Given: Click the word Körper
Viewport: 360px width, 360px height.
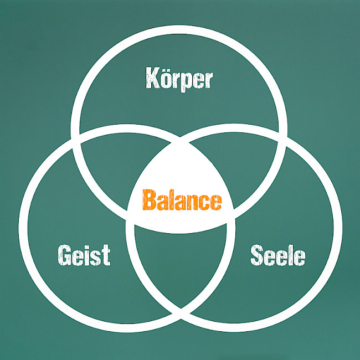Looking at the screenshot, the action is (x=179, y=79).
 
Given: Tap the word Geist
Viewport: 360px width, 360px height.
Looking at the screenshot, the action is (x=84, y=255).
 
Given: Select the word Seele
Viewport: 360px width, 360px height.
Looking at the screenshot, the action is (x=278, y=255).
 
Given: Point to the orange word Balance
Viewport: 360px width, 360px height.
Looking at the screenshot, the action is (x=182, y=200).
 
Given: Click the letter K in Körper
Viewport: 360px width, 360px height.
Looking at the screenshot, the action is (x=153, y=78).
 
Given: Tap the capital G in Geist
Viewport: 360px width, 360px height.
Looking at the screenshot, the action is (x=64, y=255).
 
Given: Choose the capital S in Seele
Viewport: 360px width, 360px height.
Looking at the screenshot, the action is (x=256, y=255).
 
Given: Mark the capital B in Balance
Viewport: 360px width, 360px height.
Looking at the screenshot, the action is (x=150, y=200).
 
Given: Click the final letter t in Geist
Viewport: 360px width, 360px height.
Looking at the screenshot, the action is (x=106, y=255).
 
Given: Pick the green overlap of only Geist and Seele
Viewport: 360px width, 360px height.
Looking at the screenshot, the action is (x=181, y=264).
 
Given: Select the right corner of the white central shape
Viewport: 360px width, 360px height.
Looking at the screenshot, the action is (x=234, y=215).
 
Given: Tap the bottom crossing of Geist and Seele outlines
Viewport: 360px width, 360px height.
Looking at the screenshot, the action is (x=181, y=313).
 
